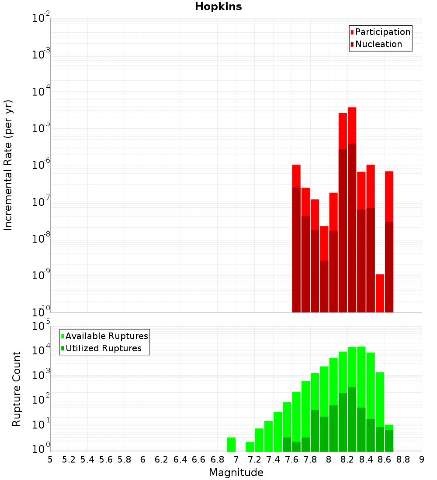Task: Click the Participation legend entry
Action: coord(382,32)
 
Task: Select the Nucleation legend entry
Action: coord(378,44)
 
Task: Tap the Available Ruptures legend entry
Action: coord(107,336)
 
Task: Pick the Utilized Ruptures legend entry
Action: coord(103,348)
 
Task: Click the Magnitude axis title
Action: coord(236,473)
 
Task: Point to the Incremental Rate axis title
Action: coord(8,165)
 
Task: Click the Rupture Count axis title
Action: coord(17,388)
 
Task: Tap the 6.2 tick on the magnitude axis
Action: coord(162,459)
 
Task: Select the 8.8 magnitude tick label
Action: coord(403,459)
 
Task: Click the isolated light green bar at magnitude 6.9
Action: coord(231,445)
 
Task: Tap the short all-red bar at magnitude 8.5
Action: coord(380,293)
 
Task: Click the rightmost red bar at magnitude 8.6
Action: coord(389,196)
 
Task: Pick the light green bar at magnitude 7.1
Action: coord(250,447)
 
